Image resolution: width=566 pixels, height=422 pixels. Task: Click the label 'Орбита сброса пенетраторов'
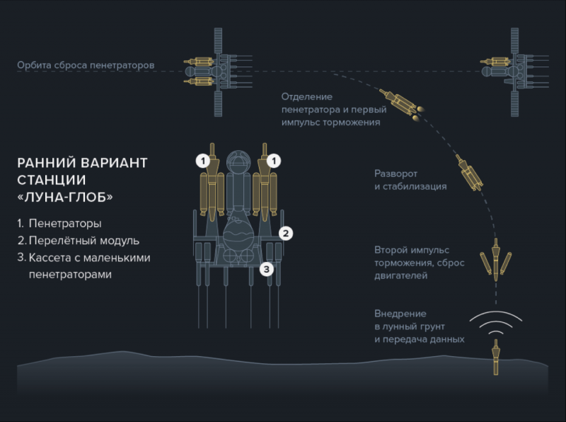click(86, 65)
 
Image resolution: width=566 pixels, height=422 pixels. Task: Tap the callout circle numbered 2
click(286, 234)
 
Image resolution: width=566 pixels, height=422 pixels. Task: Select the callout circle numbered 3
click(267, 269)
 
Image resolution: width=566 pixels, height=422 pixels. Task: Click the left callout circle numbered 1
click(203, 161)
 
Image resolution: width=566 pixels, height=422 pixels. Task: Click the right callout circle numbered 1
click(274, 161)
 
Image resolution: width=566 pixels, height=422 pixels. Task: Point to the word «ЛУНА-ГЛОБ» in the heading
click(65, 198)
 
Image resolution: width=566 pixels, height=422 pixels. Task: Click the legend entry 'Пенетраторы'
click(65, 223)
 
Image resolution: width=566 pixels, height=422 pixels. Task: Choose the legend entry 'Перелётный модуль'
click(83, 241)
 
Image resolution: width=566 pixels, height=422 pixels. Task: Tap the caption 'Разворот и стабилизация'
click(410, 180)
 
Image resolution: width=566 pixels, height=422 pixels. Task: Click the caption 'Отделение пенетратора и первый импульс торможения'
click(334, 110)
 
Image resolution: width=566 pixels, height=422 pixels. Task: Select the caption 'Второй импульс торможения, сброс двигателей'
click(419, 263)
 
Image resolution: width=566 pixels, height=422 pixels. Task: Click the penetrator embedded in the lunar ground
click(496, 357)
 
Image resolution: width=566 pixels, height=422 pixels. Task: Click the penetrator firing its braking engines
click(400, 103)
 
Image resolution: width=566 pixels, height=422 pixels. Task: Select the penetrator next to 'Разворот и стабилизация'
click(469, 173)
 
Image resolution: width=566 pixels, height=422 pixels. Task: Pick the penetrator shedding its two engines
click(496, 259)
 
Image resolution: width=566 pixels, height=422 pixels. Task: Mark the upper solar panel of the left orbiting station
click(218, 41)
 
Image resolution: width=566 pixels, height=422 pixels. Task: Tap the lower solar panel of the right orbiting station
click(515, 103)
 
